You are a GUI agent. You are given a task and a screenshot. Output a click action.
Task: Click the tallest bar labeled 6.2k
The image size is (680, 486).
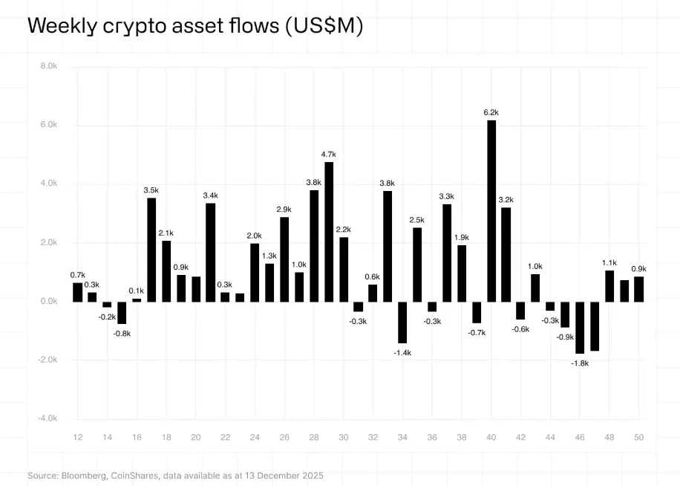[x=491, y=210]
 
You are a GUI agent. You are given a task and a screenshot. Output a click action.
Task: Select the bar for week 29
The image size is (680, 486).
[x=329, y=231]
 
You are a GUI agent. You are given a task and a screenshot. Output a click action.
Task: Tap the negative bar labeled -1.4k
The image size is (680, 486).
[x=402, y=322]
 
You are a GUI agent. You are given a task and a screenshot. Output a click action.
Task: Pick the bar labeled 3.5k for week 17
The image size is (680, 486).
[x=151, y=249]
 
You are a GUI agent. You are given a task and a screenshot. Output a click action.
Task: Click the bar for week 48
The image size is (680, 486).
[x=609, y=286]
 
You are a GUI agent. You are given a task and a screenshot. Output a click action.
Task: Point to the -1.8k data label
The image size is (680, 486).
[x=580, y=363]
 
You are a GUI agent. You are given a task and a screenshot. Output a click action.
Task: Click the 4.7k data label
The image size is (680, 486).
[x=329, y=154]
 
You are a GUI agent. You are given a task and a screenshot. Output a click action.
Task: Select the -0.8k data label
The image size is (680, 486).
[x=122, y=334]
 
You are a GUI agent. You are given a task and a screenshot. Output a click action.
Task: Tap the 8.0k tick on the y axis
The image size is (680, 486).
[x=49, y=66]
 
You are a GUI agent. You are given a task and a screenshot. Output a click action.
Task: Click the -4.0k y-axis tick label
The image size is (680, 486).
[x=48, y=418]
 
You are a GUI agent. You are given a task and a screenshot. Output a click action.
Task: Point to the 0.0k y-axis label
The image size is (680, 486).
[x=49, y=301]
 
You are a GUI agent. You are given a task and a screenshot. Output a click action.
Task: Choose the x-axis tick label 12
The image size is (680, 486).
[x=78, y=438]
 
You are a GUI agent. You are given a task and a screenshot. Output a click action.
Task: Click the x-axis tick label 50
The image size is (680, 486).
[x=638, y=438]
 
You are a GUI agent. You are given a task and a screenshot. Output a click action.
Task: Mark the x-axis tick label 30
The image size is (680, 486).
[x=344, y=438]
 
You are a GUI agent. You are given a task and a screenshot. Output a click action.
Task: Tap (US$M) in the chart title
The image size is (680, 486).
[x=324, y=26]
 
